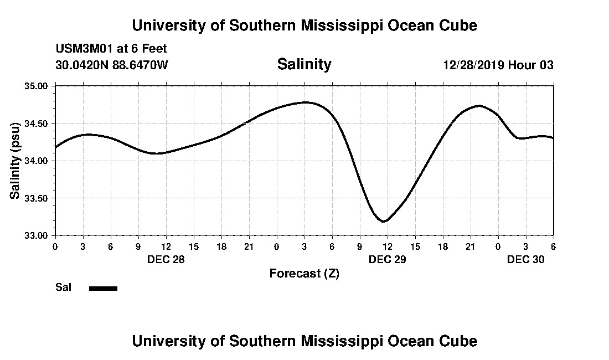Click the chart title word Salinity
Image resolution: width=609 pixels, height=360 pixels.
click(304, 64)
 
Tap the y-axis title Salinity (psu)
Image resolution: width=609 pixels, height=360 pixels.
click(15, 161)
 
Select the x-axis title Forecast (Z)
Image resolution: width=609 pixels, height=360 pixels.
click(304, 273)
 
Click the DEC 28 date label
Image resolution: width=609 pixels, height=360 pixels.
click(166, 259)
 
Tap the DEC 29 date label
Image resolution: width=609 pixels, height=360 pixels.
click(387, 259)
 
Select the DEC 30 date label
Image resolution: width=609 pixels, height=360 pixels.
click(525, 259)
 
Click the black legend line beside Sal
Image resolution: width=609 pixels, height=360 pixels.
click(103, 288)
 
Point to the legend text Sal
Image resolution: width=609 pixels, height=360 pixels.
click(63, 287)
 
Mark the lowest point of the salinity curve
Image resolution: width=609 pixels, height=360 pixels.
click(384, 222)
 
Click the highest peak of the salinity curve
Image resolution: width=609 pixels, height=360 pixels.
click(305, 102)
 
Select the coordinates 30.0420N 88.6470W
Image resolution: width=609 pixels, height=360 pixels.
click(111, 65)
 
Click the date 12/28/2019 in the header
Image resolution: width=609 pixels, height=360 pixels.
click(474, 65)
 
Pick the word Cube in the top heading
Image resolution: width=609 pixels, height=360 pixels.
click(458, 25)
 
